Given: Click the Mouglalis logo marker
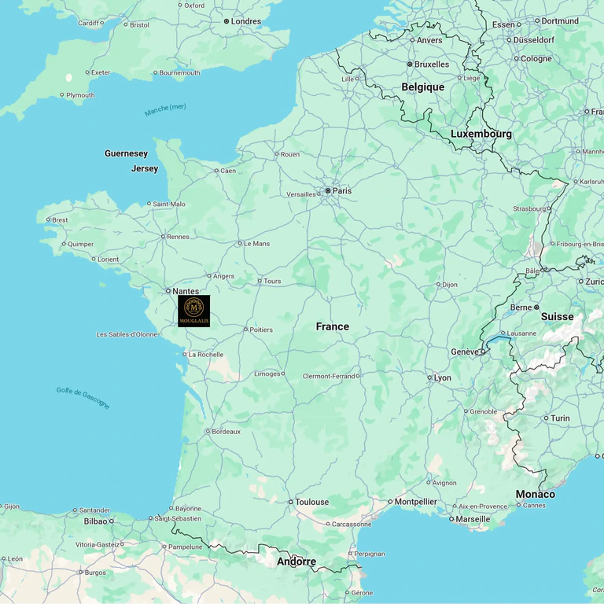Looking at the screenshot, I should tap(193, 311).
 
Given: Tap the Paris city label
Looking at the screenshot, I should tap(341, 190).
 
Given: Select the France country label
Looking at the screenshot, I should tap(333, 326).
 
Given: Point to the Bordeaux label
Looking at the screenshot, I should tap(226, 431).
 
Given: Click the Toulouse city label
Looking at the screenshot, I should tap(312, 502).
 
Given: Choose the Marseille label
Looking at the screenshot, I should tap(473, 519).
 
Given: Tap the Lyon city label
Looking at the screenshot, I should tap(443, 377).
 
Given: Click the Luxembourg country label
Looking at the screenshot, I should tap(481, 134).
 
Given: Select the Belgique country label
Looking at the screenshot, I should tap(423, 87).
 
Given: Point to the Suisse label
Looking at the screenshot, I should tap(557, 316).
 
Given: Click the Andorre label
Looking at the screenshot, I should tap(296, 562).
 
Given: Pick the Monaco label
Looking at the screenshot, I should tap(535, 494).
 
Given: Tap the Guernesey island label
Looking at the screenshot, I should tap(126, 153).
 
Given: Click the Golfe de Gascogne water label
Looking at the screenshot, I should tap(83, 397).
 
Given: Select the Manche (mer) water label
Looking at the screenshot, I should tap(166, 111).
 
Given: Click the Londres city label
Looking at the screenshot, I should tap(245, 21).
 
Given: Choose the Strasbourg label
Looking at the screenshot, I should tap(528, 208).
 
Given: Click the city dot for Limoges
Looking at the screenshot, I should tap(283, 374).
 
